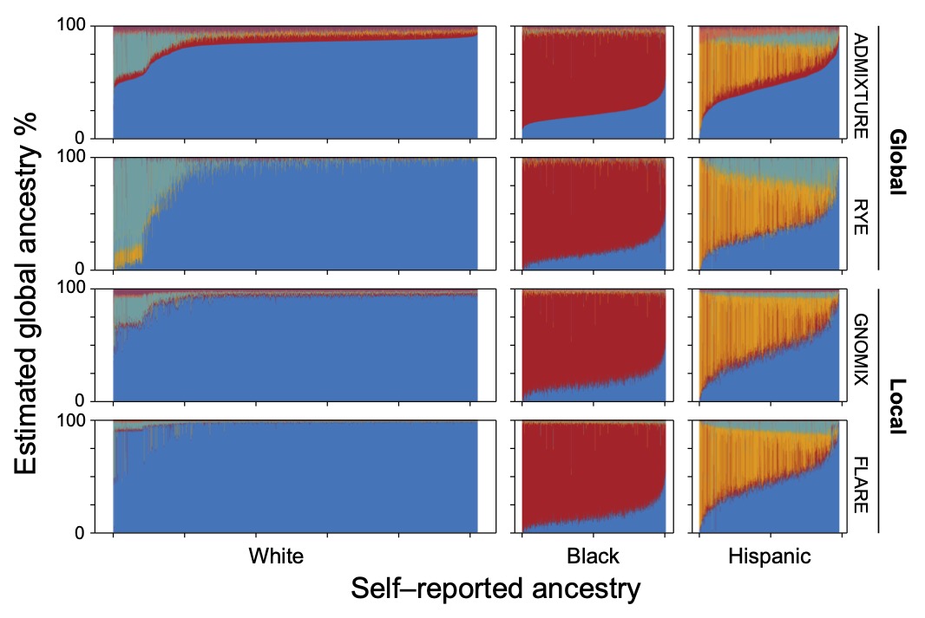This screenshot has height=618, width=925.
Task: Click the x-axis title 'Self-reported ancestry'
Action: tap(495, 589)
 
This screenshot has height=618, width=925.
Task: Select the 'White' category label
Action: tap(277, 556)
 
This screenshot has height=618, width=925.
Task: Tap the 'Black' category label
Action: tap(593, 556)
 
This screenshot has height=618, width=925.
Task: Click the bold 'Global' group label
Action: tap(898, 162)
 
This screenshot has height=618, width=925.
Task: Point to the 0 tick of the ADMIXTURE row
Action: tap(84, 137)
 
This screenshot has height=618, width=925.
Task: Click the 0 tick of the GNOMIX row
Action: tap(84, 400)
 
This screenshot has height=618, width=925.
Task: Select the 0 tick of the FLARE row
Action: tap(84, 532)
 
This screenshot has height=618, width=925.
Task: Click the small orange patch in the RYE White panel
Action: tap(128, 256)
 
